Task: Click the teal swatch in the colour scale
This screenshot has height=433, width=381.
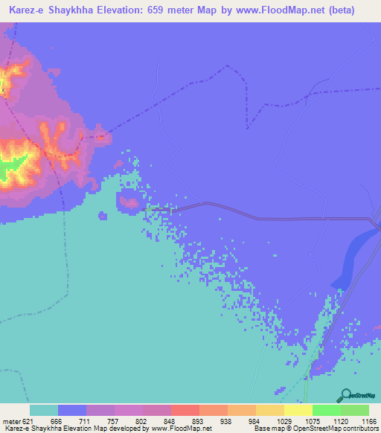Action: [44, 410]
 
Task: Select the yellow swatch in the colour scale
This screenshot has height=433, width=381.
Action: [298, 410]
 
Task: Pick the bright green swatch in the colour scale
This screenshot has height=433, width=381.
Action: [327, 410]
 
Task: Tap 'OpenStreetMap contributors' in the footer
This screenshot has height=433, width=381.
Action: [332, 428]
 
